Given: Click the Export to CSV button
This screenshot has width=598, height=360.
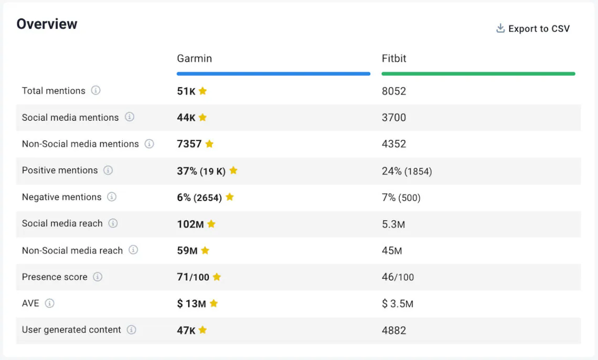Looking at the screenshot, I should pyautogui.click(x=533, y=29).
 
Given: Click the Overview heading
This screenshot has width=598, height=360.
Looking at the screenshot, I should pyautogui.click(x=47, y=24).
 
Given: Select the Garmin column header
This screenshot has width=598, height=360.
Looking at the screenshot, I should pyautogui.click(x=195, y=59).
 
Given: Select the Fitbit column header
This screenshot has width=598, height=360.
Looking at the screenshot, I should pyautogui.click(x=394, y=59).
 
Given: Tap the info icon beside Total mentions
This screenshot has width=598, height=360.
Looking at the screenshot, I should pyautogui.click(x=95, y=90).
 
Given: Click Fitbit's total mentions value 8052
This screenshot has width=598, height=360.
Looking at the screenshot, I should pyautogui.click(x=394, y=91).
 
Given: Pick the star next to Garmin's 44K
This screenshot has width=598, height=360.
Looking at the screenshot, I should pyautogui.click(x=202, y=118).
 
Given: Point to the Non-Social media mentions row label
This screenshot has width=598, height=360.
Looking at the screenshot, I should pyautogui.click(x=80, y=144).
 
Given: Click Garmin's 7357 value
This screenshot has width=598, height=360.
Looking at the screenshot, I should pyautogui.click(x=189, y=144).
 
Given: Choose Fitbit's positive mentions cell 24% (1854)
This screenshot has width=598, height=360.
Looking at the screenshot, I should pyautogui.click(x=407, y=171).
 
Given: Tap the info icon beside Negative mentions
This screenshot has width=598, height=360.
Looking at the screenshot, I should pyautogui.click(x=112, y=197).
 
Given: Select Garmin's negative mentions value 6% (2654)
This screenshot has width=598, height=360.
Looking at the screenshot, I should pyautogui.click(x=199, y=197).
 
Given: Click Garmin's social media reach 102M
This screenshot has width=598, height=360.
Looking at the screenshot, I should pyautogui.click(x=190, y=224).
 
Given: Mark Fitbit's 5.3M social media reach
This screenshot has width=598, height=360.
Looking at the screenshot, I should pyautogui.click(x=393, y=224).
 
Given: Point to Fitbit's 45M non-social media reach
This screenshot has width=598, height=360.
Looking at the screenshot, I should pyautogui.click(x=392, y=251).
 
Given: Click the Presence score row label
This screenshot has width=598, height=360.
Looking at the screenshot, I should pyautogui.click(x=55, y=277).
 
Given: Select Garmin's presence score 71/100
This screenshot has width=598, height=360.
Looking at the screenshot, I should pyautogui.click(x=193, y=277).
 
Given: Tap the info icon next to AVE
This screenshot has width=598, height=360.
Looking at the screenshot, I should pyautogui.click(x=49, y=303).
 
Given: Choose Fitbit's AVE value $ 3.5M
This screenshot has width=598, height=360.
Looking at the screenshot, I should pyautogui.click(x=398, y=304).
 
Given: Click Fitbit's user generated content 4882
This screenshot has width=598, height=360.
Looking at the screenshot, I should pyautogui.click(x=394, y=331).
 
